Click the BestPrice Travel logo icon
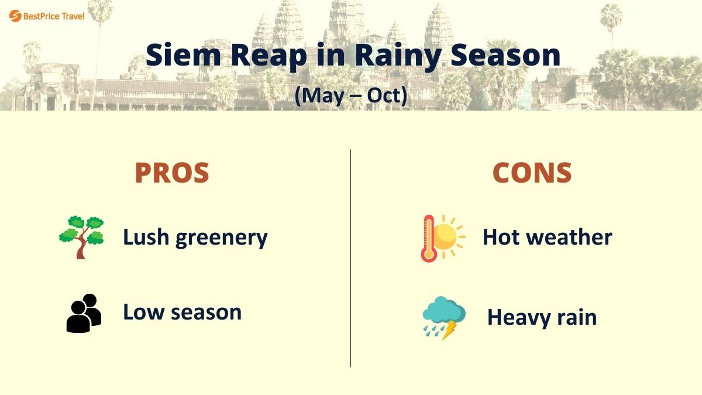(x=15, y=16)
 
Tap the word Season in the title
(x=501, y=55)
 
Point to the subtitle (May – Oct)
(x=350, y=95)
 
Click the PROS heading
(x=172, y=173)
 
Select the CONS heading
(x=532, y=173)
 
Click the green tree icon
(x=81, y=237)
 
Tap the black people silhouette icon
(x=84, y=313)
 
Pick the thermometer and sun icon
(x=442, y=238)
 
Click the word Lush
(x=146, y=237)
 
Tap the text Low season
(x=182, y=312)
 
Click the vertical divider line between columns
(x=351, y=257)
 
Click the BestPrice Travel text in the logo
(x=54, y=16)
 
